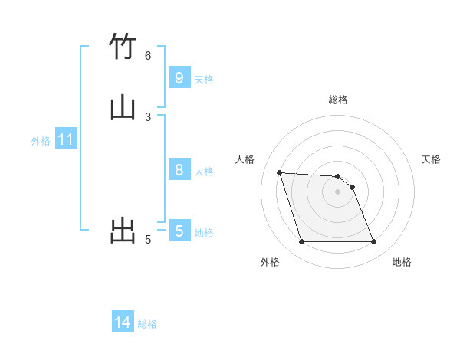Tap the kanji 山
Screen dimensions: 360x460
[123, 107]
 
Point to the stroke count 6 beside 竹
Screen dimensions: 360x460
[148, 55]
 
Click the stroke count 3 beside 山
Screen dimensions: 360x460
[148, 116]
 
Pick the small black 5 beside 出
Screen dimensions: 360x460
[148, 240]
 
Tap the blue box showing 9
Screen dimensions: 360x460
[179, 77]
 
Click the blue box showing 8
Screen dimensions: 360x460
[179, 169]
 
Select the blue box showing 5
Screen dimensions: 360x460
[179, 231]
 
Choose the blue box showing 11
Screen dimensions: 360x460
[66, 139]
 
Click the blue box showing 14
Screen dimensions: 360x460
[123, 322]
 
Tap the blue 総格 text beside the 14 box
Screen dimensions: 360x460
[147, 324]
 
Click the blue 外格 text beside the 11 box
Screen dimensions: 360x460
[41, 141]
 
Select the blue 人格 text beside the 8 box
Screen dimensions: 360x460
[204, 171]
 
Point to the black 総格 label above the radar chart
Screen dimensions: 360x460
[338, 100]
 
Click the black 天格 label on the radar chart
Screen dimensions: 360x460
[431, 159]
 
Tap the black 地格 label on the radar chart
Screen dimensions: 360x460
[402, 262]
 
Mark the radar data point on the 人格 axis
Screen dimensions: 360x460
[279, 172]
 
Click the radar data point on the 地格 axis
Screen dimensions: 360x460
[373, 242]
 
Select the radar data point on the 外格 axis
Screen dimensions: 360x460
[301, 242]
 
